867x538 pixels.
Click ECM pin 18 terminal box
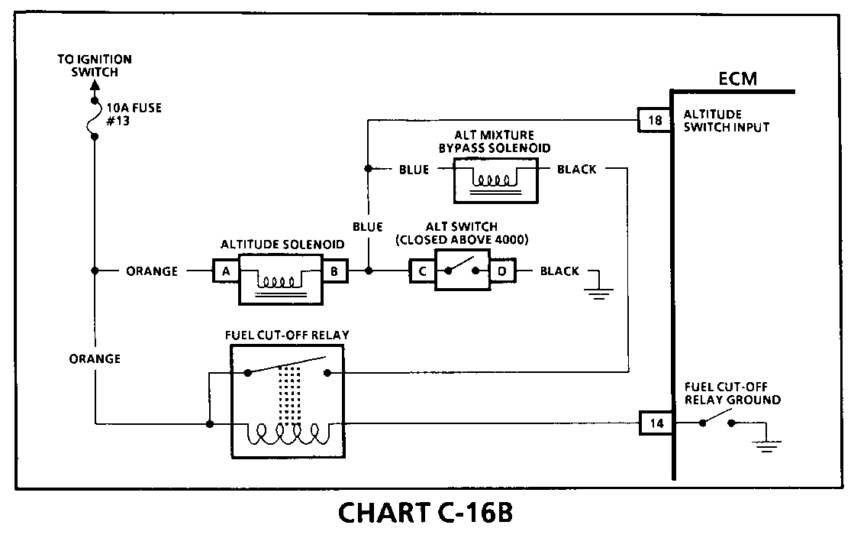pos(655,119)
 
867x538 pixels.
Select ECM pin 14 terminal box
pos(656,423)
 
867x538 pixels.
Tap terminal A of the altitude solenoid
pos(226,271)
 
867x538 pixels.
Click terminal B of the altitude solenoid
pos(334,271)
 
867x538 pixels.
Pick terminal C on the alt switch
pos(423,271)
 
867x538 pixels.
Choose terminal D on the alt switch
pos(502,271)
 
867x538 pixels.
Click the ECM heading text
pos(737,79)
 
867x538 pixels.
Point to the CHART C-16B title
pos(425,512)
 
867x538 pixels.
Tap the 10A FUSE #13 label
pos(134,114)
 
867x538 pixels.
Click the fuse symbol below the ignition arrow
pos(93,118)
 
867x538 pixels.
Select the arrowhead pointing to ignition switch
pos(95,86)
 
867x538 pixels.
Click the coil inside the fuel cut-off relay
pos(284,433)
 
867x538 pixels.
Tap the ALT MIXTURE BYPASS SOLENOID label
pos(495,141)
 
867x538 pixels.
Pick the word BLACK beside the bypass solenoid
pos(577,170)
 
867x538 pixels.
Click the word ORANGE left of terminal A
pos(152,271)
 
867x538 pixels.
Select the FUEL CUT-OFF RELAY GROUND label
pos(732,393)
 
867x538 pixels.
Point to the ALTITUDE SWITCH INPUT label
pos(726,120)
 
